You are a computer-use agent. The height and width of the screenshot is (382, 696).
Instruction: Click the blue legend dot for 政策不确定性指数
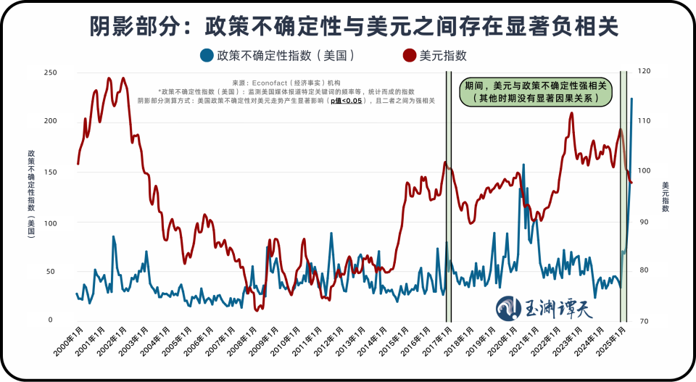[x=207, y=55]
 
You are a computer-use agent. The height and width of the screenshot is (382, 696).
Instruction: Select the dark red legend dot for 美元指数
[x=410, y=55]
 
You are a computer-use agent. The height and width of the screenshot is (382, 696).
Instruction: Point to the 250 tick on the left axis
[x=50, y=72]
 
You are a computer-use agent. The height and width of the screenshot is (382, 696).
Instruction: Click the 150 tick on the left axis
[x=50, y=173]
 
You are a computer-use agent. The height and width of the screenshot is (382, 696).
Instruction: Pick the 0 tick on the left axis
[x=50, y=320]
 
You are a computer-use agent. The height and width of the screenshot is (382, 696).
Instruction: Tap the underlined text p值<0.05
[x=347, y=101]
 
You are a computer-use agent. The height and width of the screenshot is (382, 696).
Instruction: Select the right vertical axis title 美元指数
[x=665, y=196]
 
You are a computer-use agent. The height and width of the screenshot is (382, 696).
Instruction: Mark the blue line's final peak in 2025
[x=631, y=99]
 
